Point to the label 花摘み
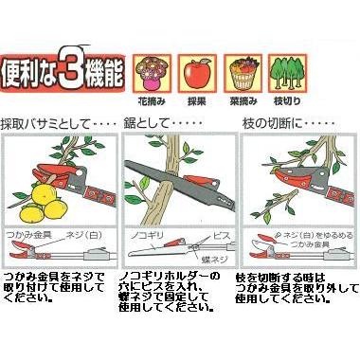(152, 100)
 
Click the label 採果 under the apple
(198, 100)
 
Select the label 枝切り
(288, 100)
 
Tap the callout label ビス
(217, 230)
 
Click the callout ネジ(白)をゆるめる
(304, 232)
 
